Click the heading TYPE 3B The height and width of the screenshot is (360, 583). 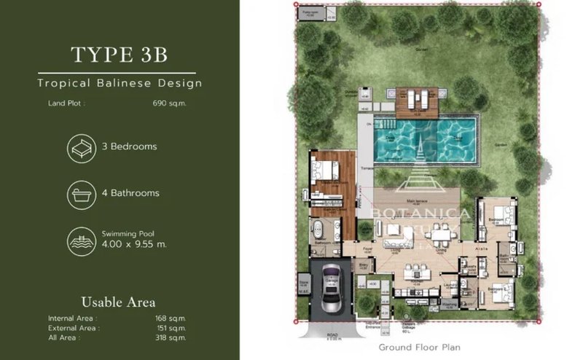tap(120, 55)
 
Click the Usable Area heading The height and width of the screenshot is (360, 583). tap(118, 302)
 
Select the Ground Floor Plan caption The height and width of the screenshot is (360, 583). tap(419, 348)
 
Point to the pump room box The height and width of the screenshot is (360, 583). tap(310, 14)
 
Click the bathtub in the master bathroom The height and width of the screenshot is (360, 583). tap(318, 234)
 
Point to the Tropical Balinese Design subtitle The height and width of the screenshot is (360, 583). tap(120, 83)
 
